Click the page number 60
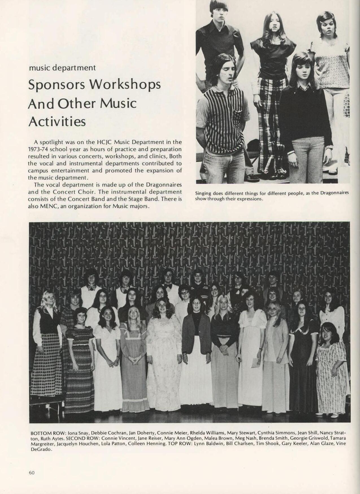(x=31, y=472)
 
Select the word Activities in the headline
(x=57, y=122)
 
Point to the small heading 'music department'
(x=62, y=68)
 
